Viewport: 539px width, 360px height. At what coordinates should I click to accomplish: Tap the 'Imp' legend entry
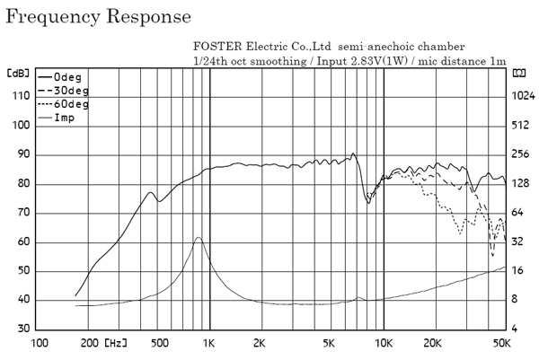pyautogui.click(x=65, y=118)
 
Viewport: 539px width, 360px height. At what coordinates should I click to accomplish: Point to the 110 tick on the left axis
pyautogui.click(x=18, y=96)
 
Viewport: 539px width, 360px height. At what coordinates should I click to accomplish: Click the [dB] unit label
pyautogui.click(x=18, y=72)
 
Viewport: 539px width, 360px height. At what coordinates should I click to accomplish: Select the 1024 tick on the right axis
pyautogui.click(x=523, y=96)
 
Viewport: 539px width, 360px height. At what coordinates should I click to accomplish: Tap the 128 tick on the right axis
pyautogui.click(x=521, y=183)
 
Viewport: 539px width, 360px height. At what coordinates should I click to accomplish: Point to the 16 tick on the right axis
pyautogui.click(x=518, y=270)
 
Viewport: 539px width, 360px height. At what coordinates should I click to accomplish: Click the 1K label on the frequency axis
pyautogui.click(x=209, y=343)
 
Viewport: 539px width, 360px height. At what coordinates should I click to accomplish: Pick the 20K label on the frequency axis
pyautogui.click(x=433, y=343)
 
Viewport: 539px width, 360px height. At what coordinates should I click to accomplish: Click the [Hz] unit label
pyautogui.click(x=116, y=343)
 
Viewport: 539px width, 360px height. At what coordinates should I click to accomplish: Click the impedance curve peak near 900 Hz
pyautogui.click(x=198, y=238)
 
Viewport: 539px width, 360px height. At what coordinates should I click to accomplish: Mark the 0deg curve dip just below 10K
pyautogui.click(x=368, y=202)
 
